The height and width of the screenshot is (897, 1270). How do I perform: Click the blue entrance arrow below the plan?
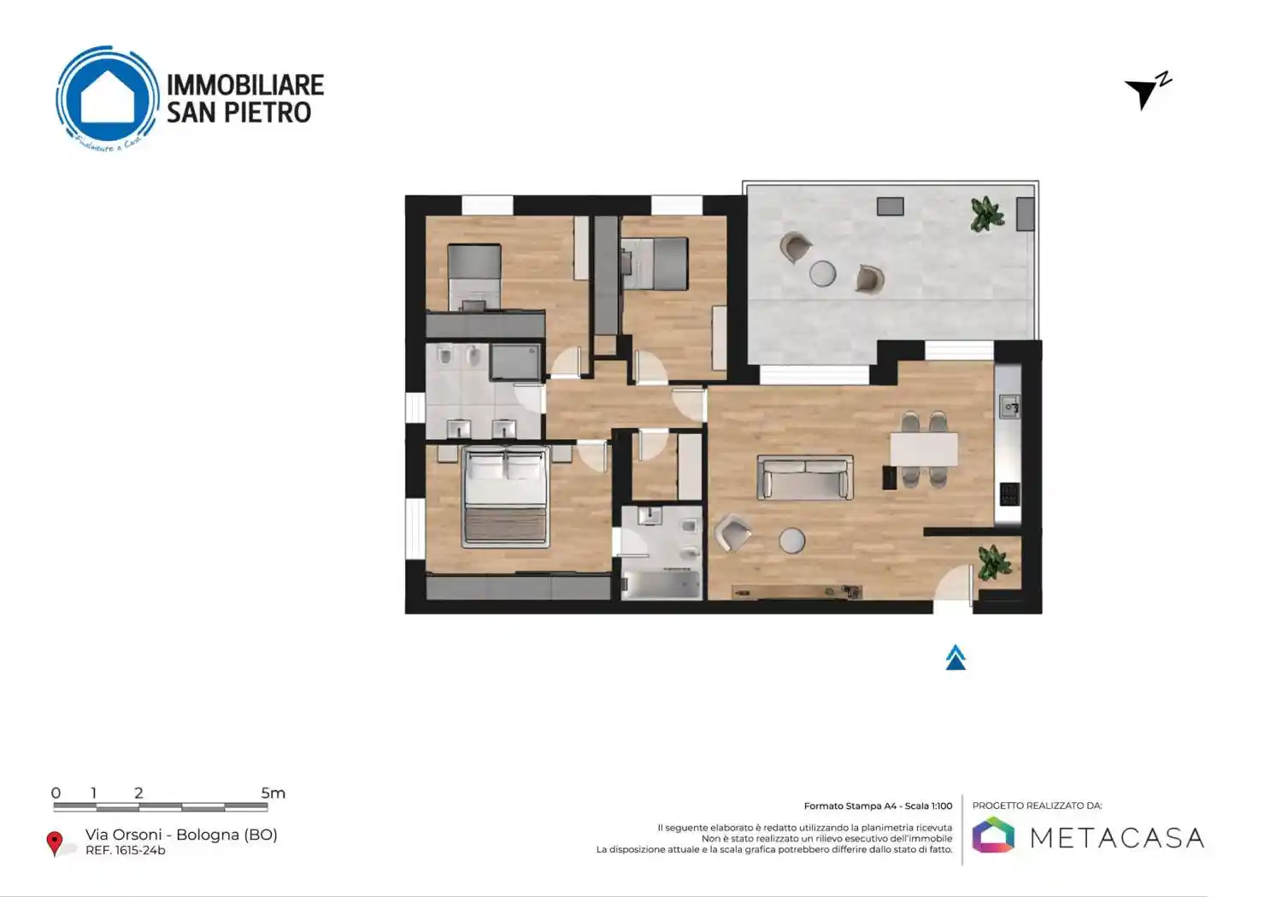coord(955,658)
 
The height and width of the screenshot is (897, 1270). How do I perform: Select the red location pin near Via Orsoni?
coord(55,842)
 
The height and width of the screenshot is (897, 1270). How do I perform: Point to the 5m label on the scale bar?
coord(273,793)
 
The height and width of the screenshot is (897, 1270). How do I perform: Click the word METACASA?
coord(1117,837)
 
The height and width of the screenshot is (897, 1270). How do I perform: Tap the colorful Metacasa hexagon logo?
coord(993,835)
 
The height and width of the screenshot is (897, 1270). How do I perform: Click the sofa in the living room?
coord(805,477)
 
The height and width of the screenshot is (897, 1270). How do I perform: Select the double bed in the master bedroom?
coord(505,496)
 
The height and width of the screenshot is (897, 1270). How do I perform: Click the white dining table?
coord(924,449)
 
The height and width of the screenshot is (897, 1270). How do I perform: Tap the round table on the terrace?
coord(823,273)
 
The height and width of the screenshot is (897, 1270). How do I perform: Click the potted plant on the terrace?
coord(987,214)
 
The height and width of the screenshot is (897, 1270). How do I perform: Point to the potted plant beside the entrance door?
coord(994,561)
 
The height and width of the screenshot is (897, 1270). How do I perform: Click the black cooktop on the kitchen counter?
coord(1009,494)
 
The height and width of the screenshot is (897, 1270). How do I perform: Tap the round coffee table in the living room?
coord(791,540)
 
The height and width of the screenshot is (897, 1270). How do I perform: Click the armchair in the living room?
coord(732,533)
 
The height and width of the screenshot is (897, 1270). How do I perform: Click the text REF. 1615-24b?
coord(126,851)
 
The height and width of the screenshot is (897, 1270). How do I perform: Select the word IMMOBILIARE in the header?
coord(245,85)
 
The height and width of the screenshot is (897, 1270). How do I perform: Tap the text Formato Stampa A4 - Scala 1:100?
coord(878,806)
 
